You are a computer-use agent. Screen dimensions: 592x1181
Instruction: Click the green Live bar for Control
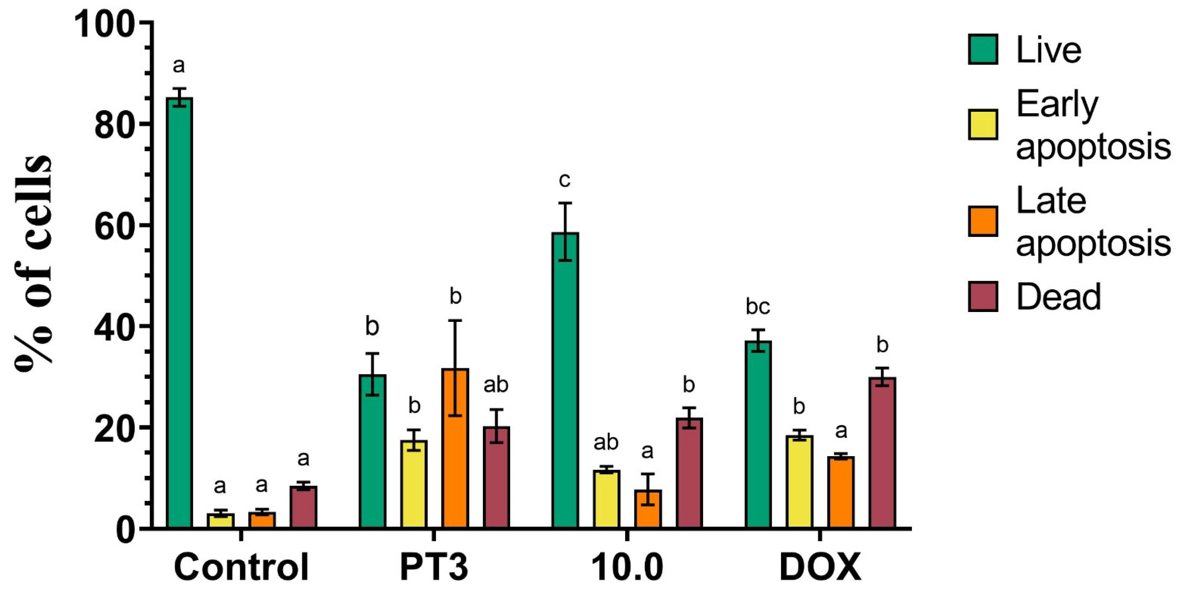pyautogui.click(x=179, y=312)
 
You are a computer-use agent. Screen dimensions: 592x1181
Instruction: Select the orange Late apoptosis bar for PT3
pyautogui.click(x=455, y=447)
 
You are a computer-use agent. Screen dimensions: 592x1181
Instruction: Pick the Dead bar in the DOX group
pyautogui.click(x=883, y=452)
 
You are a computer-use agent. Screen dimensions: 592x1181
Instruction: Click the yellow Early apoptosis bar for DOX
pyautogui.click(x=799, y=481)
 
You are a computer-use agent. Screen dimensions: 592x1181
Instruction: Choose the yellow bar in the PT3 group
pyautogui.click(x=414, y=484)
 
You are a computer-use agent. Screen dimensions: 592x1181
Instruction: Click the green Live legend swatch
pyautogui.click(x=983, y=49)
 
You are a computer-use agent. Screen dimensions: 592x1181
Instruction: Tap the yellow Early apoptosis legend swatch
pyautogui.click(x=983, y=124)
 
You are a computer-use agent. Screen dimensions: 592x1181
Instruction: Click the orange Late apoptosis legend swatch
pyautogui.click(x=983, y=221)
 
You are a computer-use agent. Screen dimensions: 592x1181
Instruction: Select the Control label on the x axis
pyautogui.click(x=241, y=568)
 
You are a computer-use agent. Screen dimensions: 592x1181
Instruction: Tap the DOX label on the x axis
pyautogui.click(x=820, y=568)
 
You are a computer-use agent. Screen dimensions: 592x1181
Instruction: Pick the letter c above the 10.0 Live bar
pyautogui.click(x=564, y=180)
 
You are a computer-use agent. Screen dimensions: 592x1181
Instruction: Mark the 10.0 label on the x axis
pyautogui.click(x=627, y=568)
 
